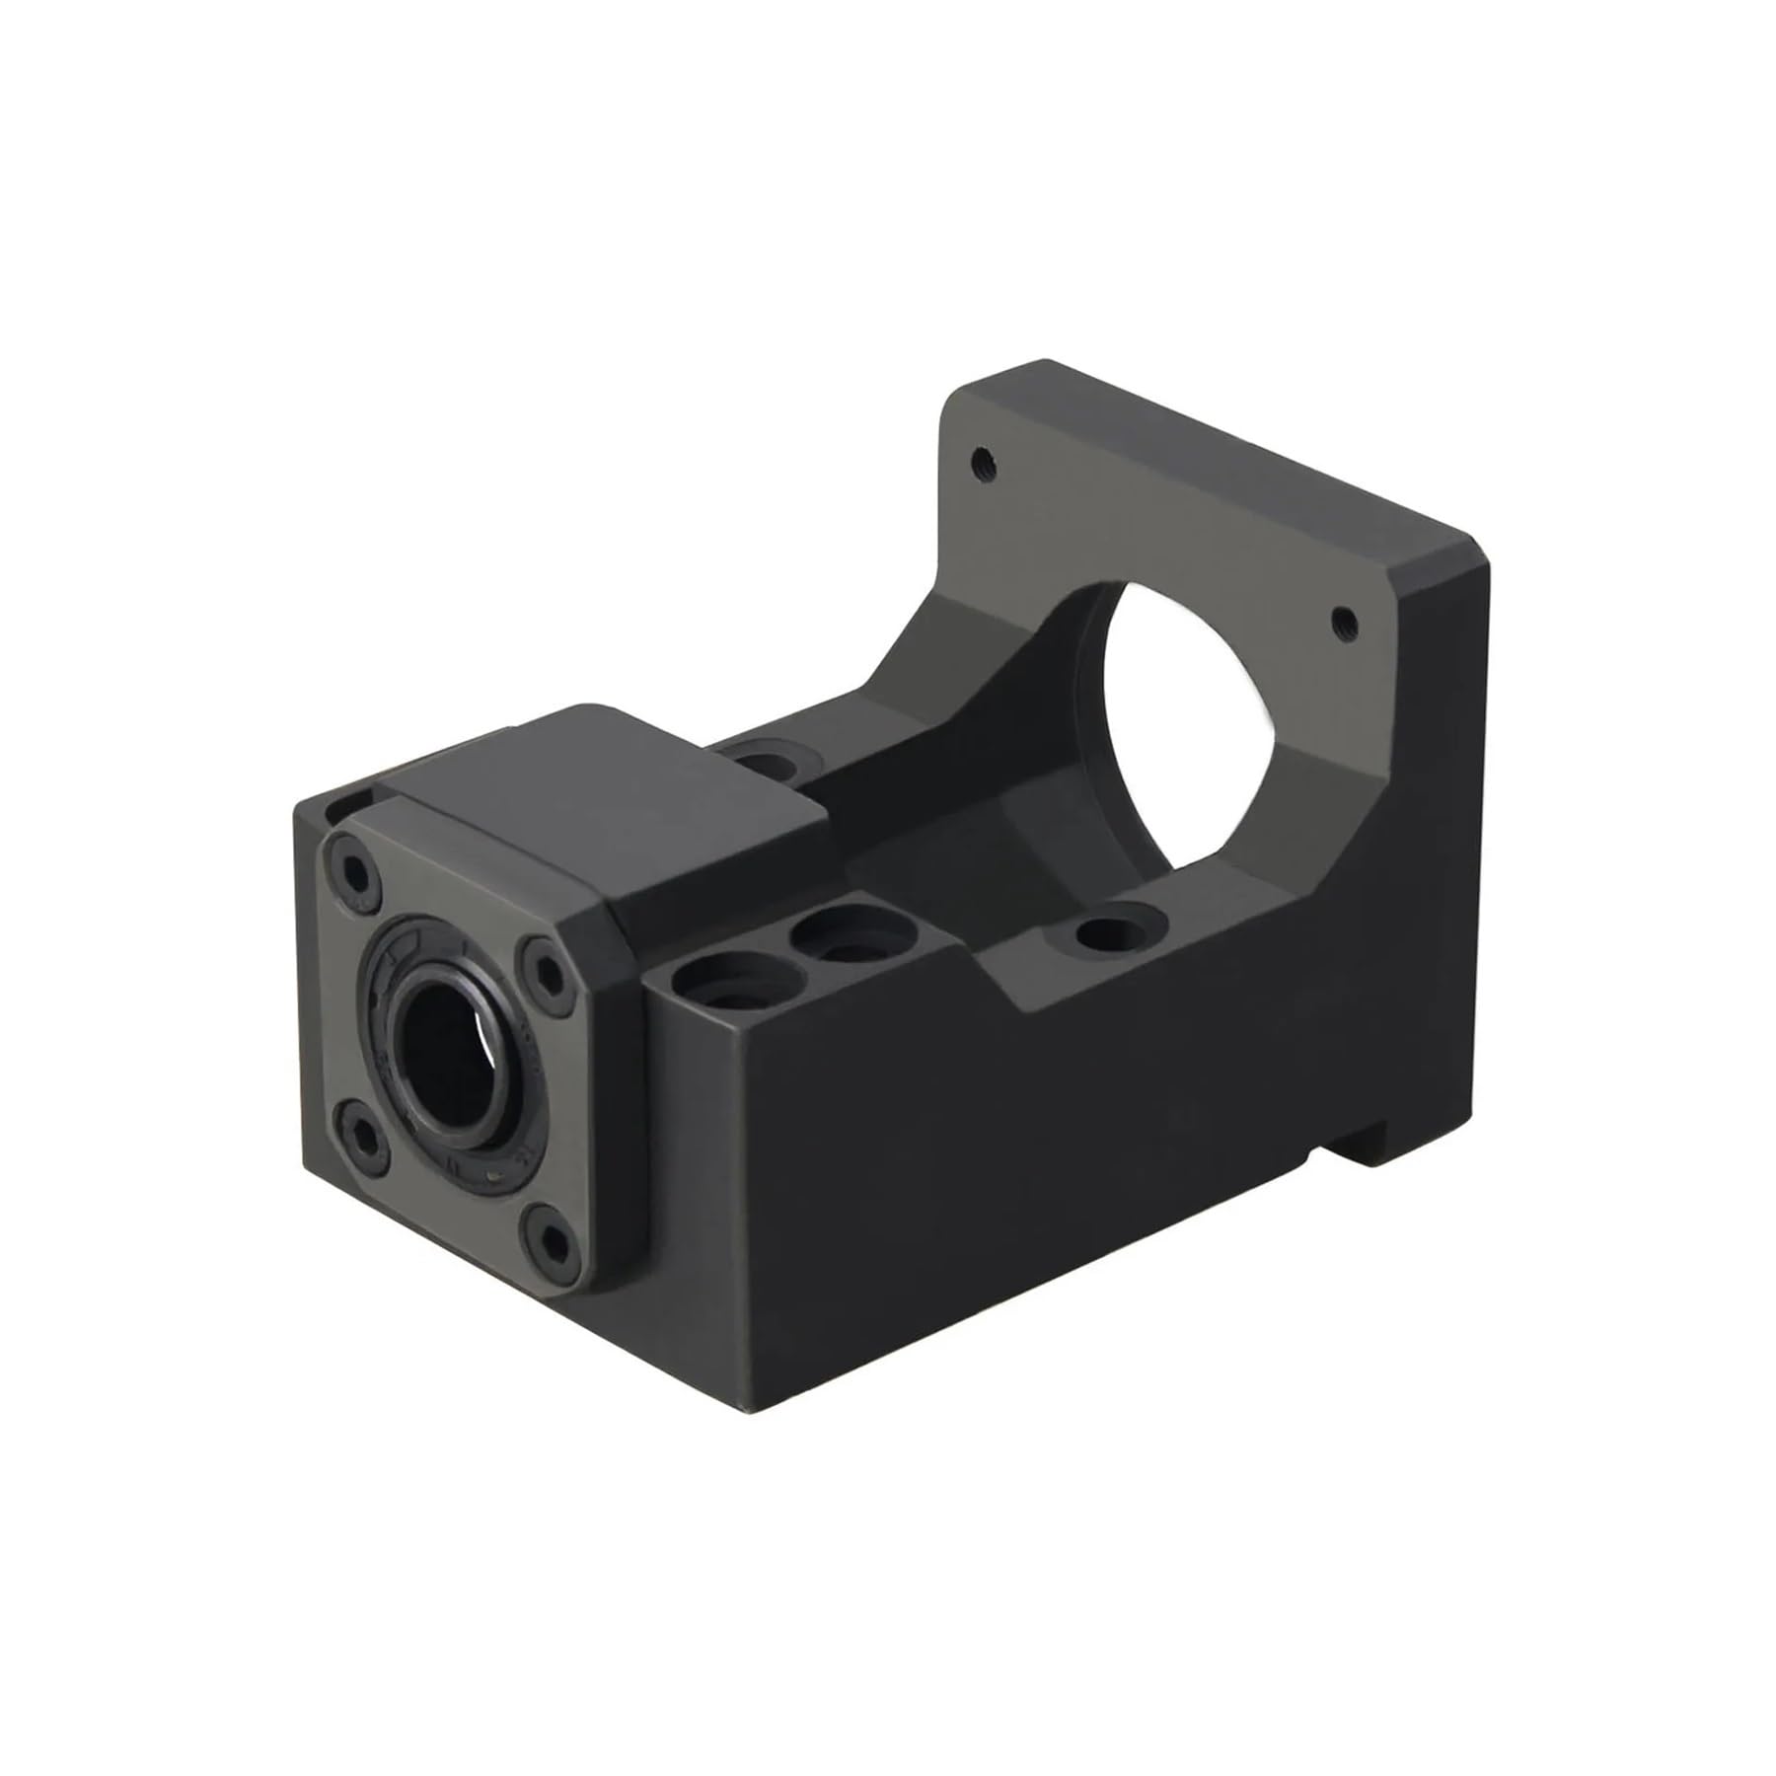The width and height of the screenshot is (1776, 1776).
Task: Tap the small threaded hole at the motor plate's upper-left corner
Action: click(x=981, y=458)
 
